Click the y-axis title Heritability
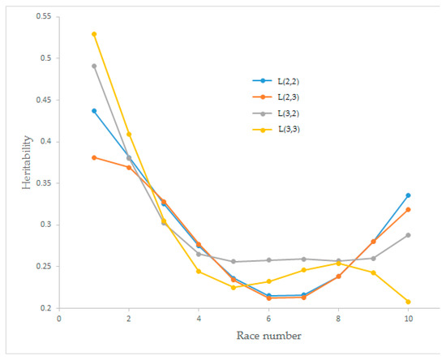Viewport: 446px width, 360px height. (x=26, y=166)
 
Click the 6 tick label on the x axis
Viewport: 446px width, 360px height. (x=268, y=319)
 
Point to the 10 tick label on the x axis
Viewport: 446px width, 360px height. (x=408, y=319)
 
